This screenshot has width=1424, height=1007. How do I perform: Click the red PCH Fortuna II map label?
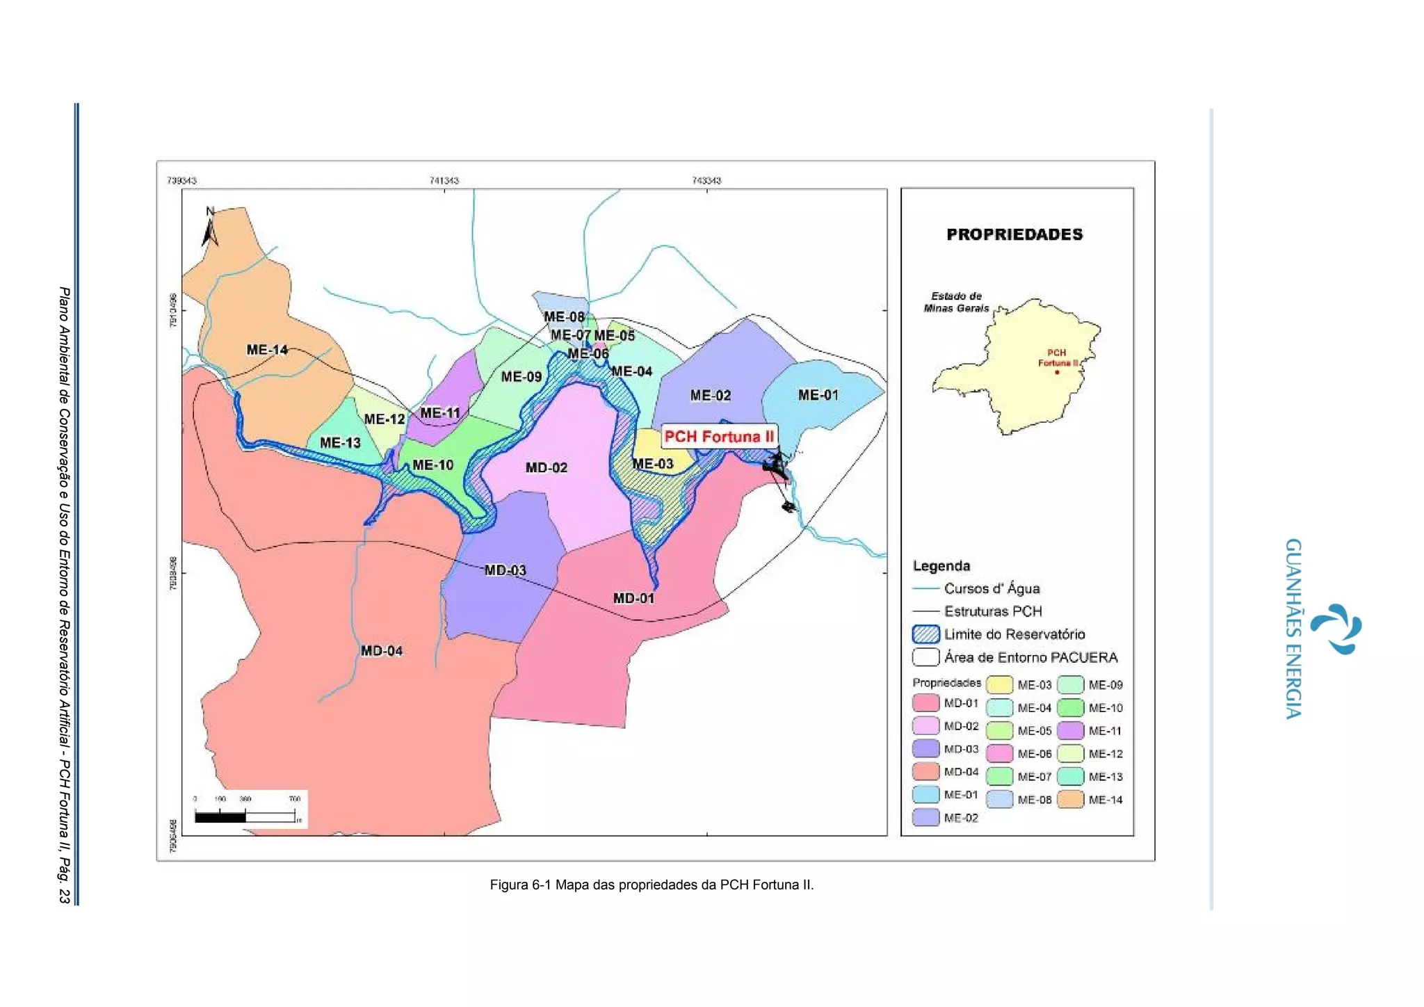coord(719,437)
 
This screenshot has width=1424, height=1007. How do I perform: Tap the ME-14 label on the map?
coord(267,350)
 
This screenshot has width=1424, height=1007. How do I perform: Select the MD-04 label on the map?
coord(381,651)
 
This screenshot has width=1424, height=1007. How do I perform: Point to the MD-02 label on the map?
coord(547,467)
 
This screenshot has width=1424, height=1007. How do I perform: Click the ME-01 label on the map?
coord(818,395)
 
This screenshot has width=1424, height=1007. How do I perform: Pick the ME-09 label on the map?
coord(521,377)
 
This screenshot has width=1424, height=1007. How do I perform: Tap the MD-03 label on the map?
coord(505,570)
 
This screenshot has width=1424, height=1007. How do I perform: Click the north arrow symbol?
coord(210,227)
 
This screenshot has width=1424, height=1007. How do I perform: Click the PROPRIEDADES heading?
coord(1014,234)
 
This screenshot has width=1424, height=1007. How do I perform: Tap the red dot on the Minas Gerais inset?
coord(1057,372)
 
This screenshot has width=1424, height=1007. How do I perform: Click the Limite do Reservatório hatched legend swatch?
coord(925,634)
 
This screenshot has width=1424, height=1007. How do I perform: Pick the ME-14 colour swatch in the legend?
coord(1071,800)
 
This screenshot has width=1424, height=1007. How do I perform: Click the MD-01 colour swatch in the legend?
coord(925,703)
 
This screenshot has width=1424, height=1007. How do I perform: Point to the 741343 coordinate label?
coord(444,181)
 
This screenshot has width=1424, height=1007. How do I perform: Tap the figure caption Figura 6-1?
coord(652,885)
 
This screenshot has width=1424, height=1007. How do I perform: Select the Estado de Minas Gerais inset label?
coord(956,302)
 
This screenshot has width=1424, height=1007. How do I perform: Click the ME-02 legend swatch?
coord(925,818)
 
